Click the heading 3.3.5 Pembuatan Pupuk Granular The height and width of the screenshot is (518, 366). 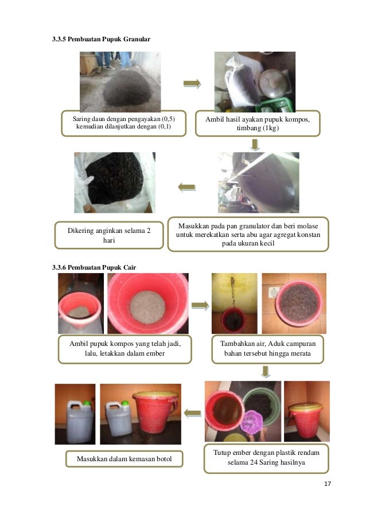click(x=101, y=39)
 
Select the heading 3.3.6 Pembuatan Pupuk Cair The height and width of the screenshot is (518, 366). click(x=94, y=267)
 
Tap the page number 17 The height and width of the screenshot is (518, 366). click(x=328, y=484)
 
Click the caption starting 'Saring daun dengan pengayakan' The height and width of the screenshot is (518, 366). click(x=124, y=123)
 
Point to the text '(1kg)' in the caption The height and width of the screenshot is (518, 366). click(x=271, y=128)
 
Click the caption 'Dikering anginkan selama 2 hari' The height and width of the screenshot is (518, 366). click(x=109, y=235)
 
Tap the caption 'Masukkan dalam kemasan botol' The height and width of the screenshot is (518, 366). click(x=124, y=459)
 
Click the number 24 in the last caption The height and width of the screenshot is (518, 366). click(x=254, y=462)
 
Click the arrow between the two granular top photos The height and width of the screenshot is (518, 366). click(x=192, y=84)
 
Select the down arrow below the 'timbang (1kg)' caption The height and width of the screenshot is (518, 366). click(x=255, y=145)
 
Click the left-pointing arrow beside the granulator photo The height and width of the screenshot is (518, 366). click(x=186, y=188)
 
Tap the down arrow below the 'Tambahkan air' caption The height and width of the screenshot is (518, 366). click(x=266, y=371)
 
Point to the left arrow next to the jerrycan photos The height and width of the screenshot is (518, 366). click(x=193, y=413)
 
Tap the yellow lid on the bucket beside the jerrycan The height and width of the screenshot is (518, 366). click(x=155, y=395)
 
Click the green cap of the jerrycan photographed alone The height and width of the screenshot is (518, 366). click(x=86, y=403)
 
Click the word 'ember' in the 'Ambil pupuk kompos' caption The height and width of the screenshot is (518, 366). click(x=155, y=353)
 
